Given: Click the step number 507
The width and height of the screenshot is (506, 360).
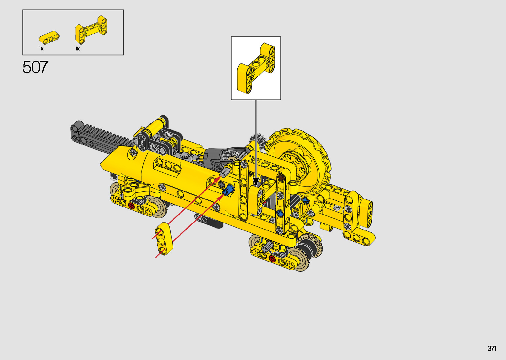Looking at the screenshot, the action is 35,67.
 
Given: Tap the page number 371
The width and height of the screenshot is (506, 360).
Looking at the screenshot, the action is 492,348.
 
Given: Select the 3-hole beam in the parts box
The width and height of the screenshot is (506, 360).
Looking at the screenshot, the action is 49,37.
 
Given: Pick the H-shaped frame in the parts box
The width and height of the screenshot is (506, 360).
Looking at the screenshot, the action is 91,29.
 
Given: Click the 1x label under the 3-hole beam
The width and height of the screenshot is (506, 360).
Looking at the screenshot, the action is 41,49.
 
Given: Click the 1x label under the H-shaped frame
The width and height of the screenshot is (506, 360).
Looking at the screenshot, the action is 77,49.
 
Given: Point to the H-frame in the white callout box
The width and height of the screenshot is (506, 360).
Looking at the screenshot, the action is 256,68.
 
